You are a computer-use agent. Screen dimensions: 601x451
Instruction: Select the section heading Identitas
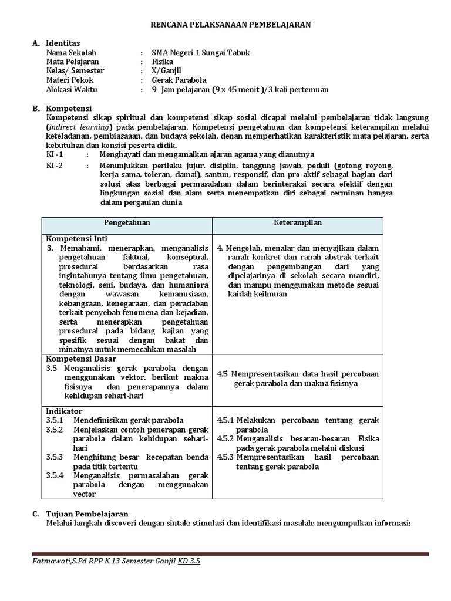coord(63,43)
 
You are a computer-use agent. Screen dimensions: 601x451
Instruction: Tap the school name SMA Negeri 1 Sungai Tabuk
coord(200,52)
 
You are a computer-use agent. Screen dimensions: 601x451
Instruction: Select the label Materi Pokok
coord(70,80)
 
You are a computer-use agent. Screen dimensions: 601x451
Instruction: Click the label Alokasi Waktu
coord(72,90)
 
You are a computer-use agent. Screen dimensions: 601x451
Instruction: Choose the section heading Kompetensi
coord(69,109)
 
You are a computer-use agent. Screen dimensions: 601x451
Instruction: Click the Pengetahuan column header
coord(127,223)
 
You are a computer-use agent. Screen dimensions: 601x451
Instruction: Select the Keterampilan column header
coord(298,223)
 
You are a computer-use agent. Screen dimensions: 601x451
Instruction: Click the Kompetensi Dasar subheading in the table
coord(80,359)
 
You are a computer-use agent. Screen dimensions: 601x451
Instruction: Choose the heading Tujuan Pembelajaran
coord(87,514)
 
